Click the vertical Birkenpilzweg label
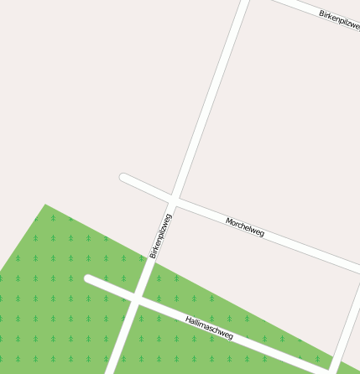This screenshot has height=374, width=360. (x=160, y=236)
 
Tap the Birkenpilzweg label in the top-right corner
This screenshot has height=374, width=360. (x=340, y=18)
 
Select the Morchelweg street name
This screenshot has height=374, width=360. (x=245, y=226)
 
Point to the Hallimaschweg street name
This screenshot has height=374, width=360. (x=209, y=327)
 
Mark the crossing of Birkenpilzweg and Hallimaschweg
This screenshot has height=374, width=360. (x=136, y=298)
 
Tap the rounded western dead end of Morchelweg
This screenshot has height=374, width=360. (x=124, y=178)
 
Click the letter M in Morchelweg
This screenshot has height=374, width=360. (x=229, y=221)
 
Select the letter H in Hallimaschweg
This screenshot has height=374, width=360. (x=188, y=319)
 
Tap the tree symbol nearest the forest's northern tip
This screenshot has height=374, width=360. (x=53, y=217)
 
